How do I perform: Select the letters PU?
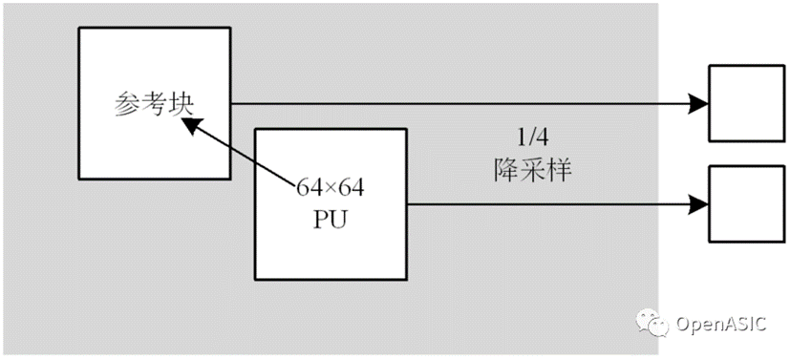(x=331, y=220)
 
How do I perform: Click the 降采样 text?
(x=532, y=171)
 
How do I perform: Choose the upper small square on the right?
(x=747, y=103)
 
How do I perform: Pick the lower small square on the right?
(x=747, y=203)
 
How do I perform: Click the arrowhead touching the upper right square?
(x=698, y=104)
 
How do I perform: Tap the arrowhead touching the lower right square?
(x=698, y=204)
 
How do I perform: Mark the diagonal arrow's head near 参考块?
(x=192, y=125)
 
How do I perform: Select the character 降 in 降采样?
(x=505, y=171)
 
